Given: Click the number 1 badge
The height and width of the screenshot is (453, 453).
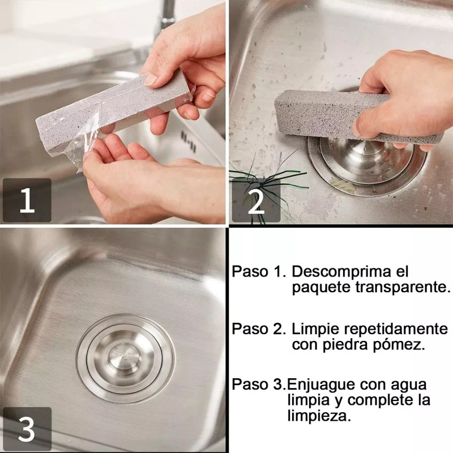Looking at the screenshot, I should point(27,201).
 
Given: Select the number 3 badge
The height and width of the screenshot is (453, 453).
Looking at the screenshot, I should point(27,430).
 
